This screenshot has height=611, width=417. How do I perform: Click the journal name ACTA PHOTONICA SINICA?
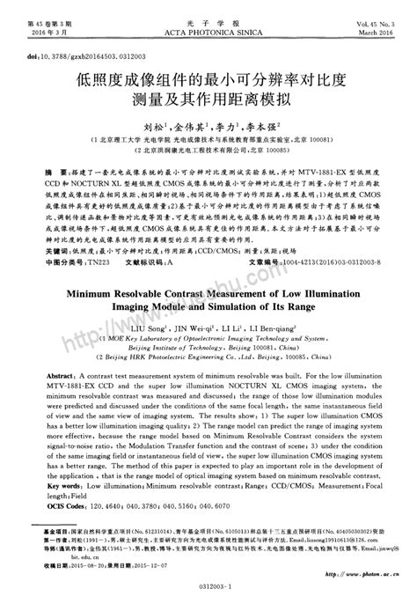tap(208, 21)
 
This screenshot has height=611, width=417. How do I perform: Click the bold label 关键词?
tap(36, 225)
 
